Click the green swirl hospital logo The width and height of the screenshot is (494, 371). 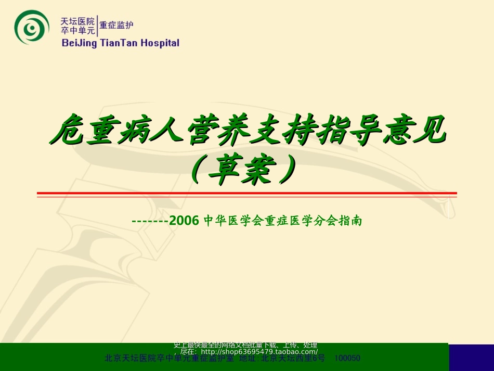(32, 27)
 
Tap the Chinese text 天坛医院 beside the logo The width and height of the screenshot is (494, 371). (78, 21)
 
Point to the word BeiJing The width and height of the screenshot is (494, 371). (79, 43)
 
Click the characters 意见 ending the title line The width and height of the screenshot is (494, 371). (420, 131)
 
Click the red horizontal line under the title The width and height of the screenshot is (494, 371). (246, 194)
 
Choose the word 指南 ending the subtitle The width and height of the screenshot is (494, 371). (350, 221)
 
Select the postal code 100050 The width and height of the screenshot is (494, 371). (347, 359)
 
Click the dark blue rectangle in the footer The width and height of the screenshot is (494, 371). (471, 356)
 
